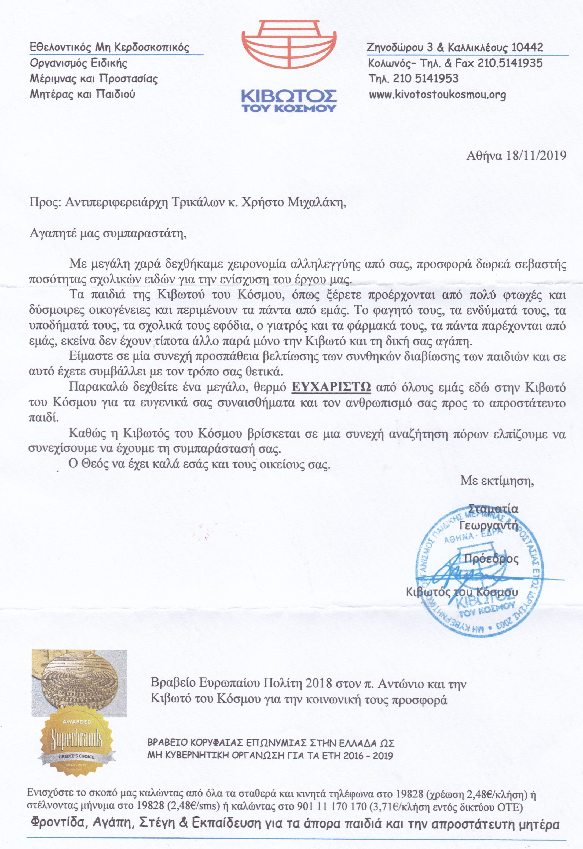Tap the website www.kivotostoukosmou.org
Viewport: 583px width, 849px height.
437,95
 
